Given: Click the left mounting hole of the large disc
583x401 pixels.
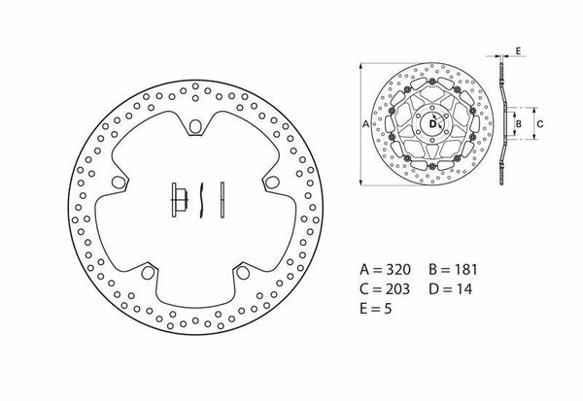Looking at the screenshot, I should (120, 182).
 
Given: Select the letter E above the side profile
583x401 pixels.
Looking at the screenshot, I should (518, 49).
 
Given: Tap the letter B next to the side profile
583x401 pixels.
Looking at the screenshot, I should (520, 123).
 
